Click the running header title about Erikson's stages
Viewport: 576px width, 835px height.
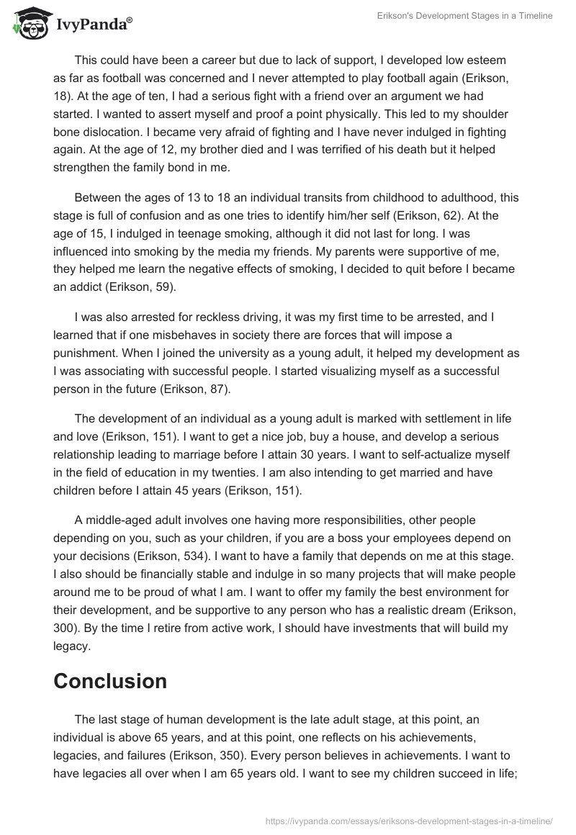[x=474, y=16]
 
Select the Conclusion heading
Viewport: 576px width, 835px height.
[x=110, y=681]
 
